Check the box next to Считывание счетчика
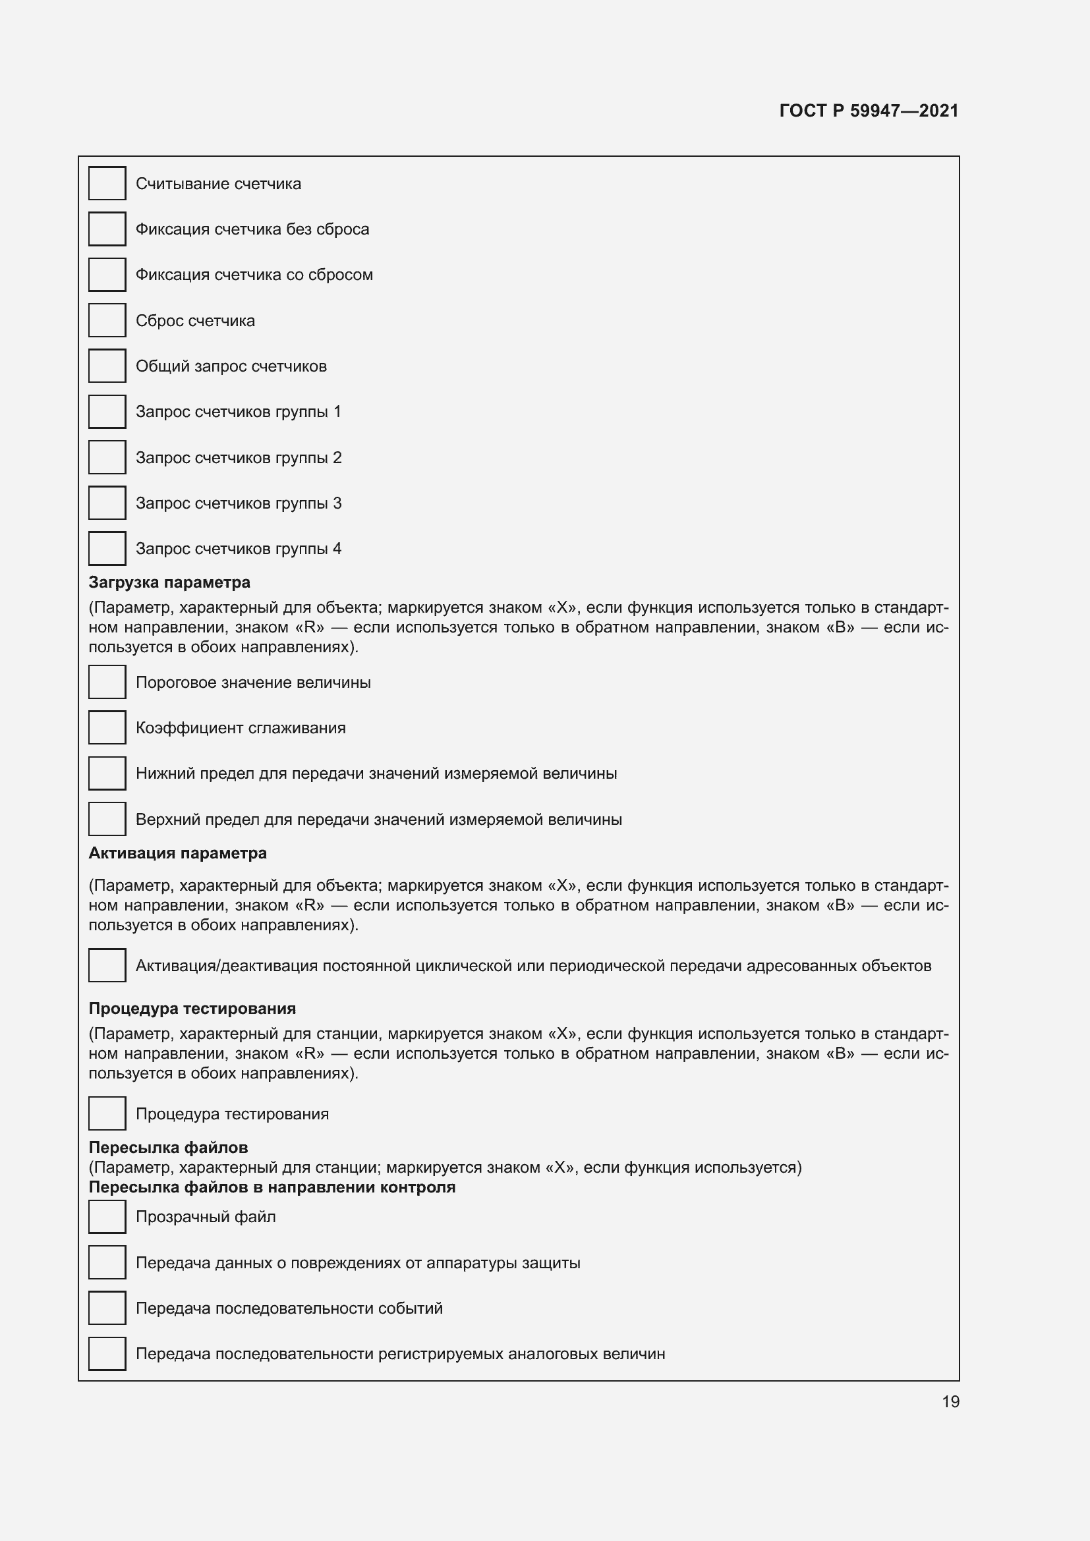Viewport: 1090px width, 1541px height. point(107,183)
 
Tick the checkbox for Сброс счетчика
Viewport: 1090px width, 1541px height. point(107,320)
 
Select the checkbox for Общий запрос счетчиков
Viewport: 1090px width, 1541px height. point(107,366)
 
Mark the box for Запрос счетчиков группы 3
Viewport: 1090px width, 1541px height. point(107,503)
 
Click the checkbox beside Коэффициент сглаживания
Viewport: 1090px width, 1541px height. point(107,727)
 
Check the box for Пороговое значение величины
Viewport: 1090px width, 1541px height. point(107,682)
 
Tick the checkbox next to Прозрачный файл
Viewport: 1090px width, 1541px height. point(107,1217)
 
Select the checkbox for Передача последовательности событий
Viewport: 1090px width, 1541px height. point(107,1308)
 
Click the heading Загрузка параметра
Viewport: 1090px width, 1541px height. point(169,582)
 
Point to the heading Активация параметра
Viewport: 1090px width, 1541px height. point(177,853)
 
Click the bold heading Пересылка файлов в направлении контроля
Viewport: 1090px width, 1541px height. point(272,1187)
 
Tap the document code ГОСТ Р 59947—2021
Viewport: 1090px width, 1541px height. point(869,111)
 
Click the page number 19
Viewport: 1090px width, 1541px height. point(950,1401)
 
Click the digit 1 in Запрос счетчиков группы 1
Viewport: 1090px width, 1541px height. point(337,411)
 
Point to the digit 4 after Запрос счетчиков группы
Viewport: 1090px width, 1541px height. point(337,548)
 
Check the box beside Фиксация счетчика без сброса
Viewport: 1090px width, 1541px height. point(107,229)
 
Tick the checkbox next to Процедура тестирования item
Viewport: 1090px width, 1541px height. point(107,1113)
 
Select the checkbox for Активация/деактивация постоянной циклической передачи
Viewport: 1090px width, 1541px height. point(107,965)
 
